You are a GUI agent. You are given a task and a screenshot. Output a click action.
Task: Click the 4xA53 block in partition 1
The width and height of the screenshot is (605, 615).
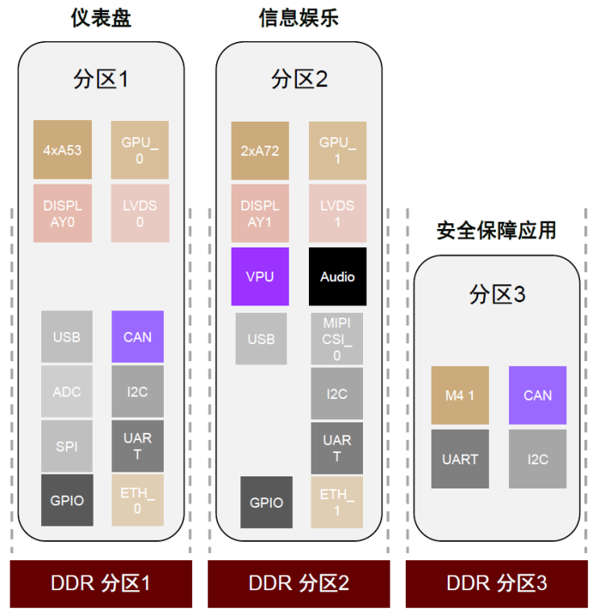(62, 150)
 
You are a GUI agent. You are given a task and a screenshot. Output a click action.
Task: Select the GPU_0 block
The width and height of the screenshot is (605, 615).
(140, 150)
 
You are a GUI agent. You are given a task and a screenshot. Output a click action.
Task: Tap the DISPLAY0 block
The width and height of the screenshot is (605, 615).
(62, 214)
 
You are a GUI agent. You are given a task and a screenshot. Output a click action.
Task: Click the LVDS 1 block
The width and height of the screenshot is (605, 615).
(337, 214)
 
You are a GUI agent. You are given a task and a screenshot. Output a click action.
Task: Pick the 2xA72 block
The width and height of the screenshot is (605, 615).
(260, 150)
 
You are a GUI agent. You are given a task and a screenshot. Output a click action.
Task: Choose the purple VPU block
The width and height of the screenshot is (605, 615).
(260, 276)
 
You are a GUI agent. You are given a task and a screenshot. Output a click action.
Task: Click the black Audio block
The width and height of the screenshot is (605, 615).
(337, 276)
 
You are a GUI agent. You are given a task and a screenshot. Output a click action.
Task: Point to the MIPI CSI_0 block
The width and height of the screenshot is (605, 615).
(337, 339)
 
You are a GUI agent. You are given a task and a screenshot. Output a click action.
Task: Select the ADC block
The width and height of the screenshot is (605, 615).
(67, 392)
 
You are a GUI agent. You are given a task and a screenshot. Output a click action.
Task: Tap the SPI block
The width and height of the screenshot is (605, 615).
(67, 446)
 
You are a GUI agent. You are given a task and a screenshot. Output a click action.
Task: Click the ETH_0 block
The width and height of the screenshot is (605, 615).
(137, 501)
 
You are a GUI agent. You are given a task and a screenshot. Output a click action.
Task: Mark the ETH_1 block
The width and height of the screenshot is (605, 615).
(337, 501)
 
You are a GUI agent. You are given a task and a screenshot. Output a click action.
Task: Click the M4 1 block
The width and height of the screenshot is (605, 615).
(460, 395)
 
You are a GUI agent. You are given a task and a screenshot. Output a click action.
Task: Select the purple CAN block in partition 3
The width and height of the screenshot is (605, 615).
(537, 395)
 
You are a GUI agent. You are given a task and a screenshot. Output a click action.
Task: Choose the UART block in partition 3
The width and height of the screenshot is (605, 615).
(460, 459)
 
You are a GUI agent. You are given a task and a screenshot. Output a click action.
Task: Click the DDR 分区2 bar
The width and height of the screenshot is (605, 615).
(298, 584)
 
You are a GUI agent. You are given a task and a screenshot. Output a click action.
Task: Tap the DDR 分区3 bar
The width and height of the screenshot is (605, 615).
(496, 584)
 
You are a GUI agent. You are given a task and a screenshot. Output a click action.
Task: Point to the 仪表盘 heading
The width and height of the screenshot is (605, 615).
(100, 18)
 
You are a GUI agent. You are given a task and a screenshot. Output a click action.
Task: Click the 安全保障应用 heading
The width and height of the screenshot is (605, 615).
(496, 230)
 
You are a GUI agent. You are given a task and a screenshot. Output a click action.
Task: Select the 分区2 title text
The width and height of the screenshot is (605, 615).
(298, 79)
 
